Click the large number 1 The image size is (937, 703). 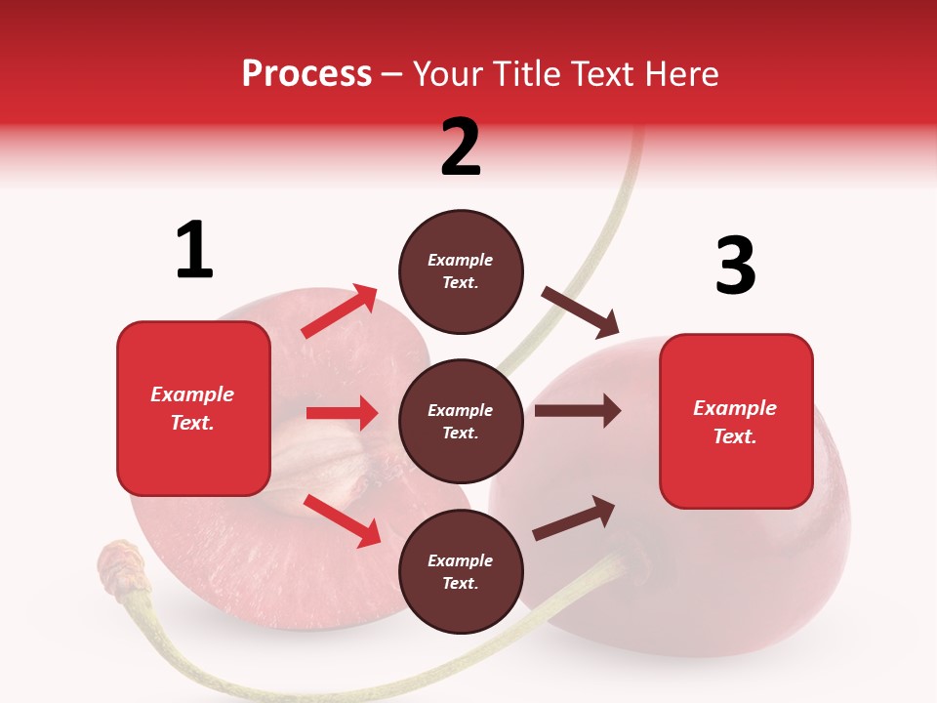click(194, 251)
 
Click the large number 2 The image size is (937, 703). click(461, 146)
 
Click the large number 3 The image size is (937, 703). click(735, 266)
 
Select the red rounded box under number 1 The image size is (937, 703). click(193, 408)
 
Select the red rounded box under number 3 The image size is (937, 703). click(736, 421)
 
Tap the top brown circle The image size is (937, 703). click(461, 271)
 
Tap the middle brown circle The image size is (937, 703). click(461, 421)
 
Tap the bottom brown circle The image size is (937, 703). click(461, 571)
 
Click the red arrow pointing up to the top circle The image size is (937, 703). click(340, 311)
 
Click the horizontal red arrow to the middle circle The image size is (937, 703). click(342, 413)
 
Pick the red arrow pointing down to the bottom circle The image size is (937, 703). click(343, 520)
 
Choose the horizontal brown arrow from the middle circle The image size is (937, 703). click(577, 411)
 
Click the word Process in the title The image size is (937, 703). click(306, 73)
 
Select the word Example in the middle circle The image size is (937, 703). click(461, 410)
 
